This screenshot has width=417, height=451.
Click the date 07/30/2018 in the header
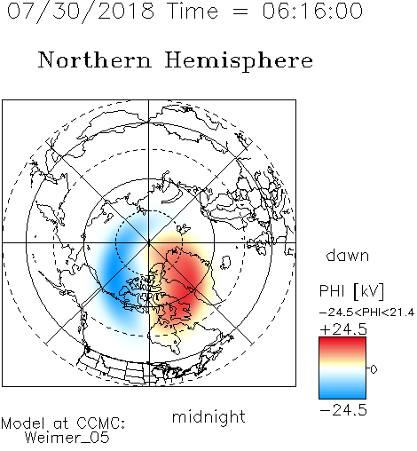[81, 12]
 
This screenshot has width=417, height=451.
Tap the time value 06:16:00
[312, 11]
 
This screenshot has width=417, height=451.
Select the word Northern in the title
[95, 59]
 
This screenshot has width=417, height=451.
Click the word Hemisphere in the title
[239, 60]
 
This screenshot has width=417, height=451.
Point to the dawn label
[348, 255]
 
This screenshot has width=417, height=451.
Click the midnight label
[208, 416]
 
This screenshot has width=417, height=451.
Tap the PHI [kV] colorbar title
[351, 291]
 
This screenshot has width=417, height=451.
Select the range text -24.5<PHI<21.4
[366, 313]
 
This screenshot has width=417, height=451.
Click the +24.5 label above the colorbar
[343, 329]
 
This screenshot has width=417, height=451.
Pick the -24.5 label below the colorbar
[343, 410]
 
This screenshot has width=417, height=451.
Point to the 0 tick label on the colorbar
[374, 369]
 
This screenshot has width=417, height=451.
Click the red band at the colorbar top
[342, 344]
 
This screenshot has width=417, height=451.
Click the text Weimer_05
[67, 438]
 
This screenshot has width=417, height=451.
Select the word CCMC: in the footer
[101, 423]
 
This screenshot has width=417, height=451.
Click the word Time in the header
[193, 11]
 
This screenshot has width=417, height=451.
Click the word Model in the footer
[23, 423]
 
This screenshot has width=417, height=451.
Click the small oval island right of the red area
[226, 262]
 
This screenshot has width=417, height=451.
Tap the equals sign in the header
[240, 12]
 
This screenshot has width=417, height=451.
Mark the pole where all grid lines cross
[149, 242]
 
